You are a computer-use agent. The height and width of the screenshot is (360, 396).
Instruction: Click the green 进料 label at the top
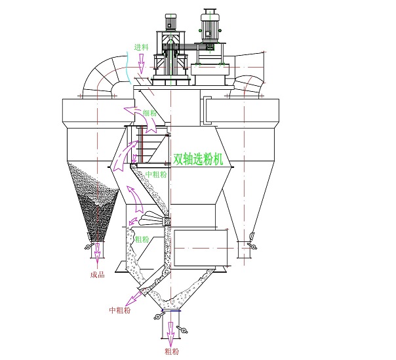(141, 47)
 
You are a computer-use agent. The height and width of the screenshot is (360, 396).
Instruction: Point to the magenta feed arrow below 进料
(141, 64)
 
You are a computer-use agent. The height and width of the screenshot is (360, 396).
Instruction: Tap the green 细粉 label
(149, 113)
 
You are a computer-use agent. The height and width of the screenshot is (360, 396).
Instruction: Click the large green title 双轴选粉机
(198, 159)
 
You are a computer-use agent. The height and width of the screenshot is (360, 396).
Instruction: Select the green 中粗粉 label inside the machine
(156, 174)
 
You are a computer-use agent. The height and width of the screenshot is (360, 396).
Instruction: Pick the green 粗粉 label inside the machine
(142, 239)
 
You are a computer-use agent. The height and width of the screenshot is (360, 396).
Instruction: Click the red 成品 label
(97, 275)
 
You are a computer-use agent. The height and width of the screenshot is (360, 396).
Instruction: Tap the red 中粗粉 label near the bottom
(120, 310)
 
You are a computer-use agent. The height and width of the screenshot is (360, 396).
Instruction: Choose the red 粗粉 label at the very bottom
(172, 351)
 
